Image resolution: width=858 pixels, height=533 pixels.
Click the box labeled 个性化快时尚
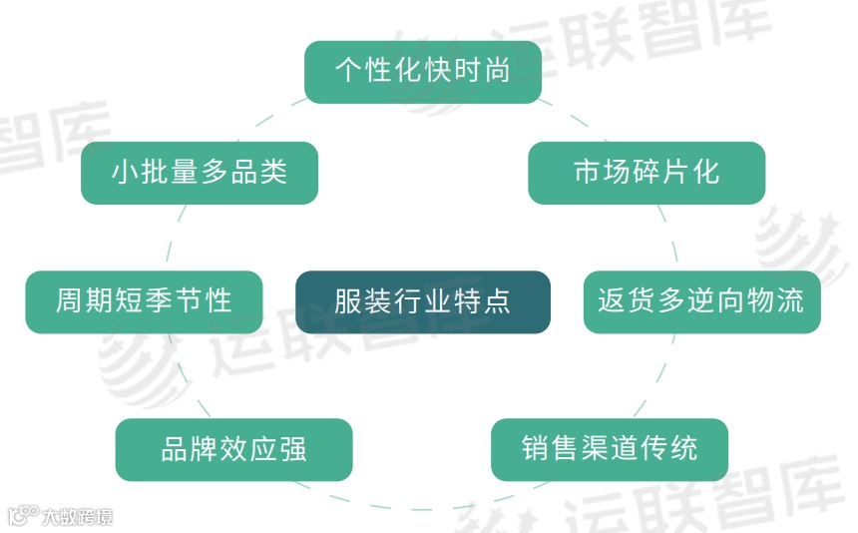pos(422,72)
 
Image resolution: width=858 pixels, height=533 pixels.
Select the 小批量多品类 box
pos(200,173)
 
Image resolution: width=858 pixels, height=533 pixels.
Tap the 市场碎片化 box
pos(645,173)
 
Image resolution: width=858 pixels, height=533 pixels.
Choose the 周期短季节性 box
pos(144,301)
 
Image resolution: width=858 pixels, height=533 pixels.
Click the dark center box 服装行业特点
pos(422,301)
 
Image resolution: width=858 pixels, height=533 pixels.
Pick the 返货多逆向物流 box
pos(701,301)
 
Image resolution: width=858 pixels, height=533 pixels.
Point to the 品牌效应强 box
pos(233,449)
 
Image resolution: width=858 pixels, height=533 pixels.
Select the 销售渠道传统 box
pos(610,449)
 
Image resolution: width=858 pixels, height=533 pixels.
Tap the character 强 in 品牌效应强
pos(293,449)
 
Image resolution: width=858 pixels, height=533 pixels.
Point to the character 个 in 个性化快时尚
pos(348,72)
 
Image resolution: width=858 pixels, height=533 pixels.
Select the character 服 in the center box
pos(348,301)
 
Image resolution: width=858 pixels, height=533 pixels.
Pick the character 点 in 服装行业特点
pos(497,301)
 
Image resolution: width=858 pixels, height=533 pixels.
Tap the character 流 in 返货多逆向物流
pos(790,301)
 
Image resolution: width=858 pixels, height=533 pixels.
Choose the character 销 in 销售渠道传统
pos(536,449)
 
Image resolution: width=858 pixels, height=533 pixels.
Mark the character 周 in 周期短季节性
pos(70,301)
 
